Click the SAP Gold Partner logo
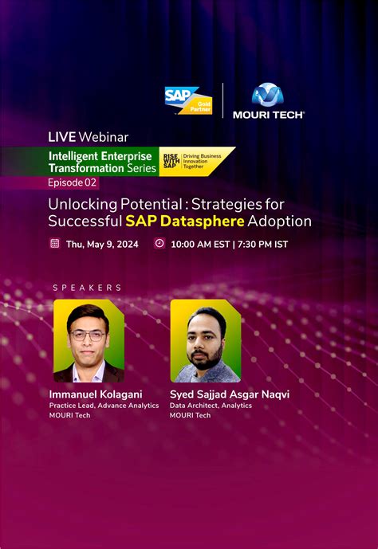(187, 100)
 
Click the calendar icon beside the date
(54, 244)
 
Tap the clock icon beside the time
(159, 244)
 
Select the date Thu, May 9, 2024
(102, 244)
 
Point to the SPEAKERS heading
(87, 288)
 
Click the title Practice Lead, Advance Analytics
(104, 406)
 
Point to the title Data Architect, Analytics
(211, 406)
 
